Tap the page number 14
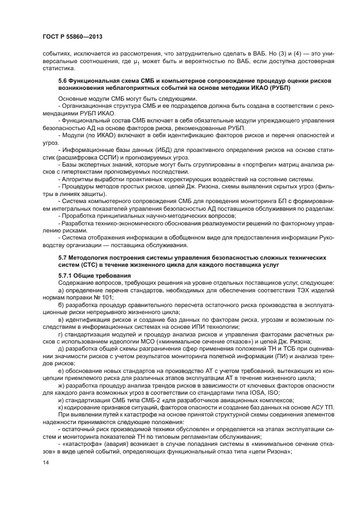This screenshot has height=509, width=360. (x=46, y=462)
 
